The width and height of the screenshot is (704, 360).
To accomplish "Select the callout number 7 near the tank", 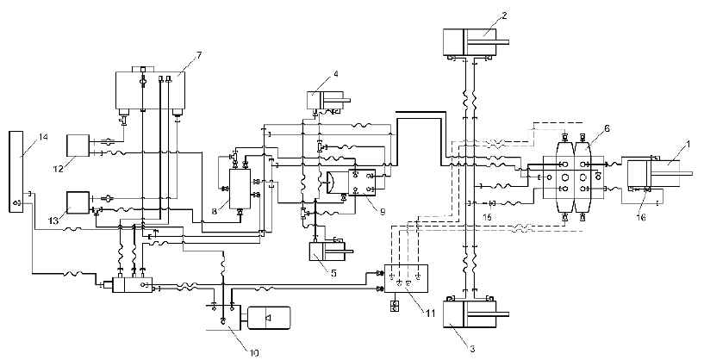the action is (x=198, y=55).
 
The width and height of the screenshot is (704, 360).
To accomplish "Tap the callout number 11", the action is (x=430, y=313).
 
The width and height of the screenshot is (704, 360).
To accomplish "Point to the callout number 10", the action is (x=254, y=353).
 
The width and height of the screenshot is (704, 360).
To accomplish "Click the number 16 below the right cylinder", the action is (x=641, y=217).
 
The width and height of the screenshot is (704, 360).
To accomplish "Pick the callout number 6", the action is (x=607, y=128).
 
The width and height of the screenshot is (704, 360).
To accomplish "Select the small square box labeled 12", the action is (x=78, y=145).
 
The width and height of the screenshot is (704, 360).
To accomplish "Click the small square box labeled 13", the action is (x=78, y=203).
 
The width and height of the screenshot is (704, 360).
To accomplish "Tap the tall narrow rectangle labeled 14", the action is (x=16, y=172).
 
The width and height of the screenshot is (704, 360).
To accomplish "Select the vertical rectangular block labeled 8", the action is (x=240, y=189).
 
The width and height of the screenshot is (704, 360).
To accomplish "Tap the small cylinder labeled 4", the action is (x=325, y=100).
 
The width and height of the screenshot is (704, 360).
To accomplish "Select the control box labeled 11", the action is (x=407, y=279).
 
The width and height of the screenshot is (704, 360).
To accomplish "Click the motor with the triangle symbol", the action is (x=269, y=319).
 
